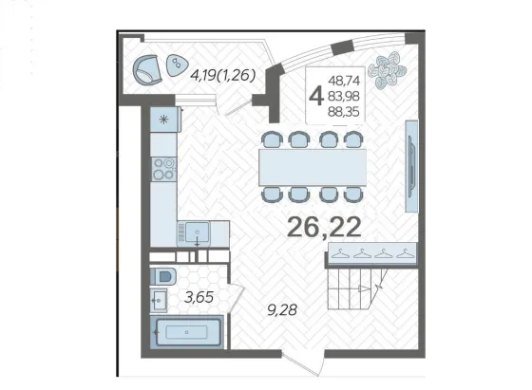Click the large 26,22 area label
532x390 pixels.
[324, 227]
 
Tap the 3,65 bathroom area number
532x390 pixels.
[199, 297]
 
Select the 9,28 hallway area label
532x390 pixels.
[282, 309]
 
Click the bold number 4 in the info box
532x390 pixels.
[315, 96]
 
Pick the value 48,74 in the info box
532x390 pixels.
[344, 81]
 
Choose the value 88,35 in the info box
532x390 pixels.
[343, 111]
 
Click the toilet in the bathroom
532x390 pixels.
[163, 276]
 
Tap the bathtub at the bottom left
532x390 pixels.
[186, 332]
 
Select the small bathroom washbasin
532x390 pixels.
[159, 300]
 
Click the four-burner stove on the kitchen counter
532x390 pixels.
[163, 169]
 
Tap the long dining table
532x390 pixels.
[313, 167]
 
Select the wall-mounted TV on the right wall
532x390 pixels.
[411, 166]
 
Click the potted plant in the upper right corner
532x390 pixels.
[388, 70]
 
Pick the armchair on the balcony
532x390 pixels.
[147, 69]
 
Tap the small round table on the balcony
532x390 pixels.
[177, 65]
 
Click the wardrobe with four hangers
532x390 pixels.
[371, 252]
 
